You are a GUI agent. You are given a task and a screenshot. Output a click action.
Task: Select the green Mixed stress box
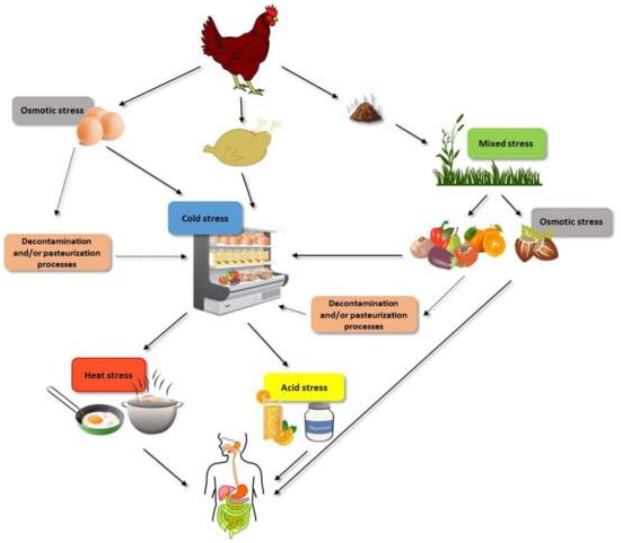click(506, 143)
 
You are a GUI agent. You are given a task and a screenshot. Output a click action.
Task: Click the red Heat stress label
click(109, 375)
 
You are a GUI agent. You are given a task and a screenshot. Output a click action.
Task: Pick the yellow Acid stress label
click(304, 388)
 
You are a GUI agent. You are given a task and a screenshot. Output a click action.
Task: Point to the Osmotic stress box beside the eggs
click(51, 110)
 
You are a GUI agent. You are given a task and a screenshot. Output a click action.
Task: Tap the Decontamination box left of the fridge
click(57, 253)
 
